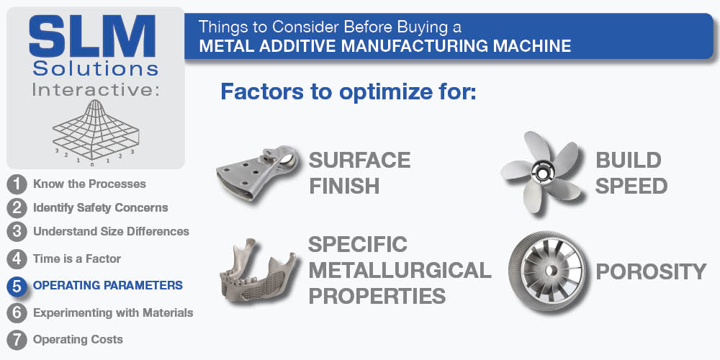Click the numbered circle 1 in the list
[17, 184]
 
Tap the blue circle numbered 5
[17, 286]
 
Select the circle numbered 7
[17, 341]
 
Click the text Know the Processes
[89, 184]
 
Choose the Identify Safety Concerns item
[101, 208]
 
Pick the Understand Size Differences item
[111, 231]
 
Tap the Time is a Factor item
[77, 259]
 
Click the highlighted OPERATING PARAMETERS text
[108, 286]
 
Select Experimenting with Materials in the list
[113, 313]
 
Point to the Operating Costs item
[78, 340]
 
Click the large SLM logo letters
[92, 37]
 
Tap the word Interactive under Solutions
[96, 90]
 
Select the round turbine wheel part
[547, 271]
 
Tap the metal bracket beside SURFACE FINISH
[257, 173]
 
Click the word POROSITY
[651, 272]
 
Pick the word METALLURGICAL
[400, 271]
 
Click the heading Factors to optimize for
[348, 91]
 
